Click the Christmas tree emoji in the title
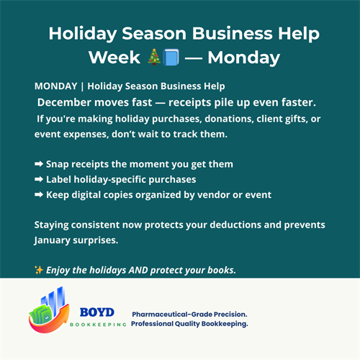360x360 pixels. click(153, 56)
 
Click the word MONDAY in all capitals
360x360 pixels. click(55, 87)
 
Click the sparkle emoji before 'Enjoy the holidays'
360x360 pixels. click(39, 269)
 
